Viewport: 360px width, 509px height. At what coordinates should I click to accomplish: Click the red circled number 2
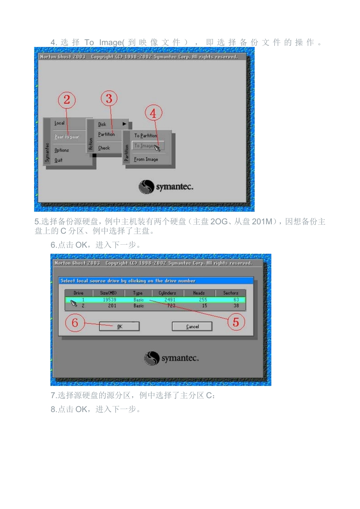[x=67, y=100]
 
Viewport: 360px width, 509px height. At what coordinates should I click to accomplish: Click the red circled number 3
[x=109, y=99]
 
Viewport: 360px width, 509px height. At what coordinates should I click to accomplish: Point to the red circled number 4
[x=153, y=113]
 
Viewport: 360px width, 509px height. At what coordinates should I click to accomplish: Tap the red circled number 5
[x=236, y=322]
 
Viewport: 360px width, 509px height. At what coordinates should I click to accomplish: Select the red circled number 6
[x=75, y=323]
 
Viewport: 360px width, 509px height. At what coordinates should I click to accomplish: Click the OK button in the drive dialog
[x=119, y=326]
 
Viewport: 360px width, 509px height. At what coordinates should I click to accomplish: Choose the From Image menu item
[x=146, y=159]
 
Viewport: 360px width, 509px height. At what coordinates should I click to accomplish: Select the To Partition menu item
[x=146, y=136]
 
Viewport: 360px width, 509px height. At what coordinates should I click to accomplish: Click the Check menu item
[x=104, y=148]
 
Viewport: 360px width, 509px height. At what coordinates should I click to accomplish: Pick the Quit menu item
[x=58, y=160]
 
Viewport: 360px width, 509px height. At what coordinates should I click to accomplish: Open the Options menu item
[x=61, y=150]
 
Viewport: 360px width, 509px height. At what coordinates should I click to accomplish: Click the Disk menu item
[x=102, y=124]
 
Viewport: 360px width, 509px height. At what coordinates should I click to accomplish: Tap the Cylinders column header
[x=167, y=293]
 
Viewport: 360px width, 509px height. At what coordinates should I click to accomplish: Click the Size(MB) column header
[x=108, y=293]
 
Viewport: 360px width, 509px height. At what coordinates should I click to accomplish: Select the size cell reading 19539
[x=110, y=300]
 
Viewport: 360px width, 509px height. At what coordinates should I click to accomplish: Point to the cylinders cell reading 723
[x=171, y=306]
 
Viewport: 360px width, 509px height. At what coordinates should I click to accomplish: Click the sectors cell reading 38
[x=236, y=306]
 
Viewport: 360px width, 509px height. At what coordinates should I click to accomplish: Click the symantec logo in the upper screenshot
[x=166, y=187]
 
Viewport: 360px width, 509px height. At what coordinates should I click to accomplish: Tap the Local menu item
[x=59, y=123]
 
